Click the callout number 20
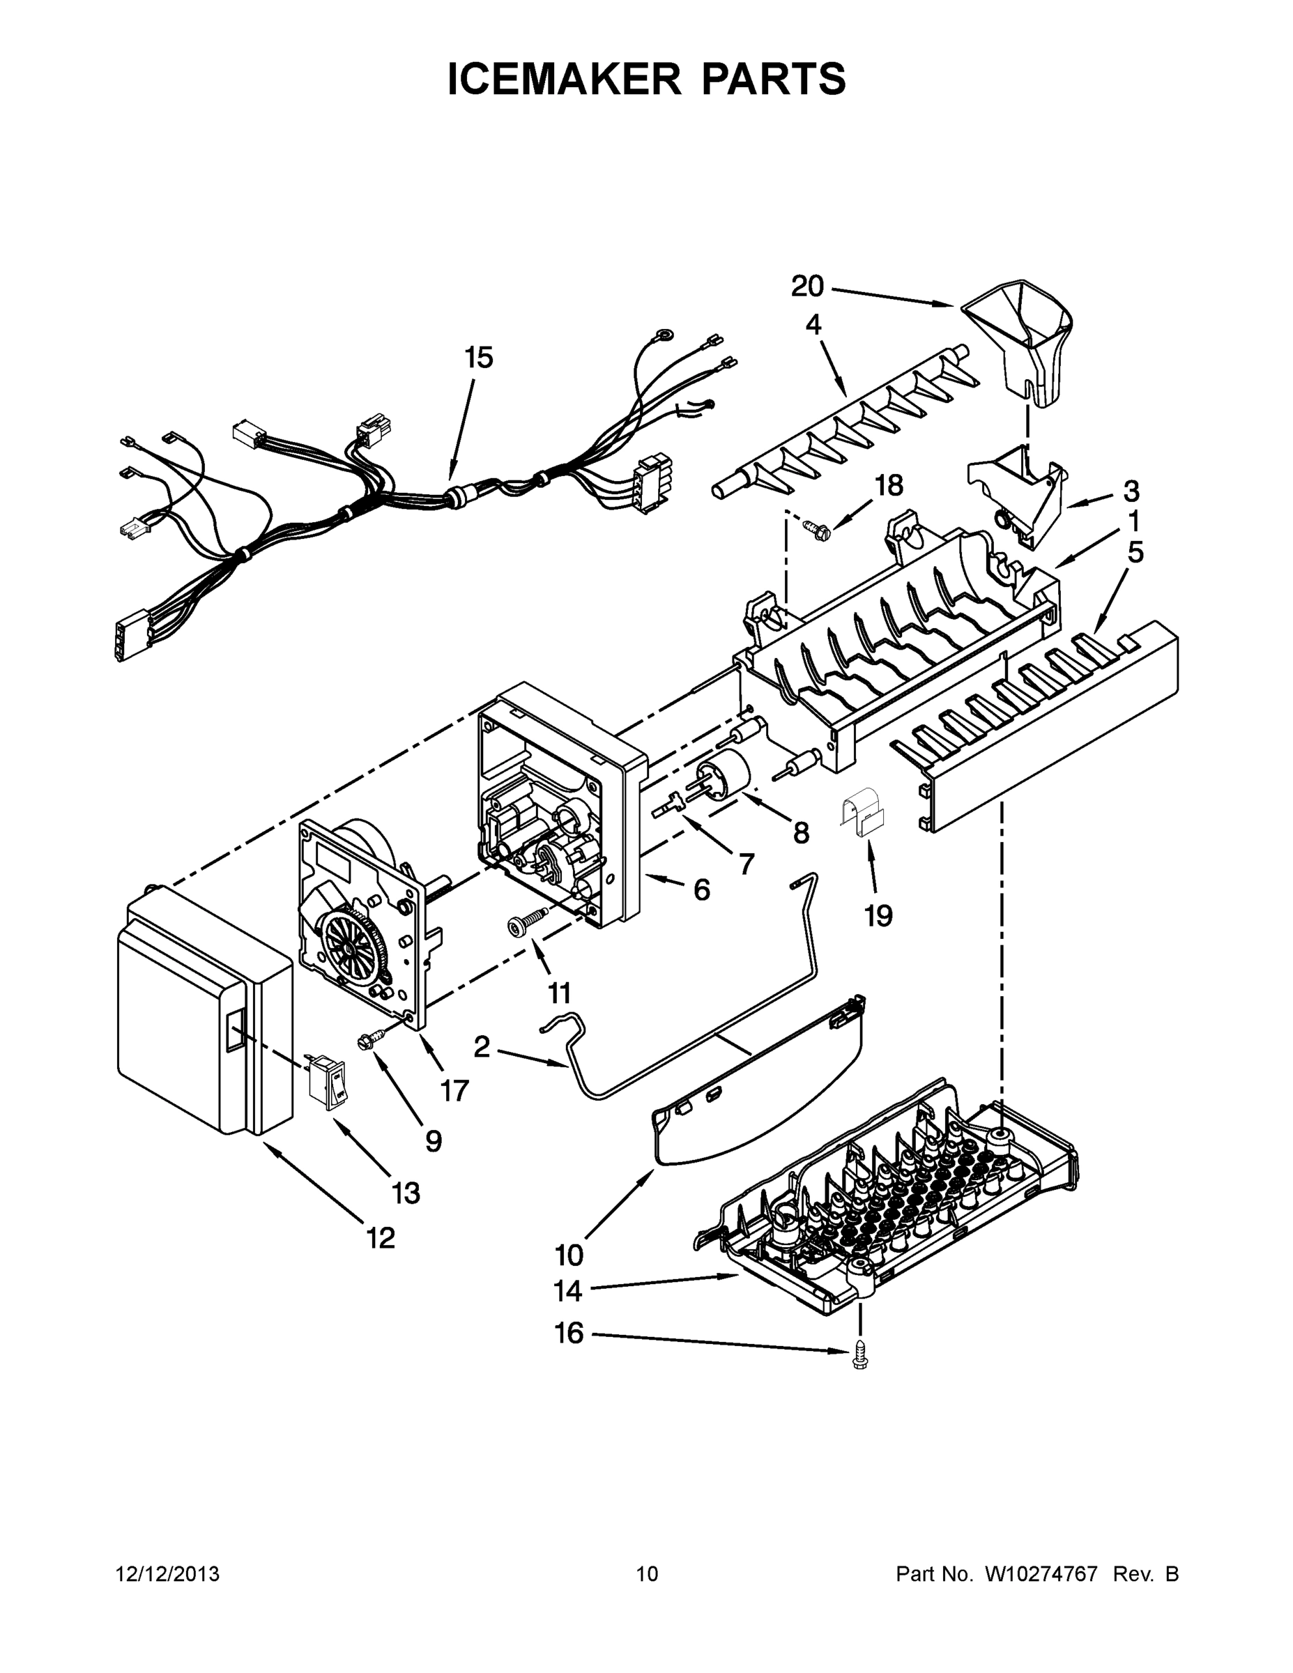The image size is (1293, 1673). (806, 287)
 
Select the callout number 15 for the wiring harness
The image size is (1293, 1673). (479, 358)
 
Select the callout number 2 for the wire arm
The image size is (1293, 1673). (481, 1046)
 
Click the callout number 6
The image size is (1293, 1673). (701, 889)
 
